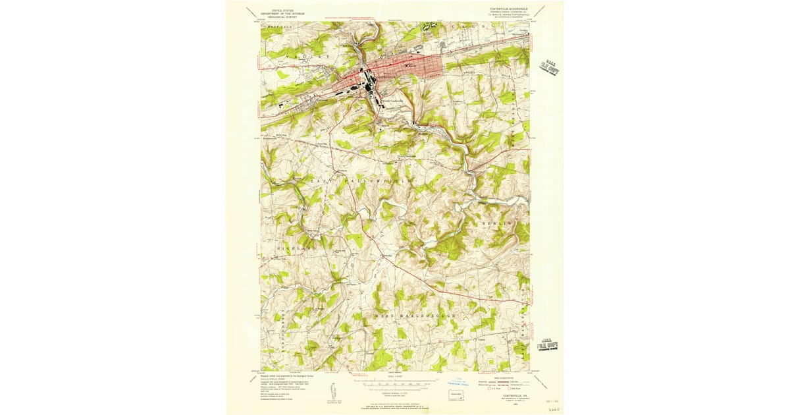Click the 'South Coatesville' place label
[x=396, y=101]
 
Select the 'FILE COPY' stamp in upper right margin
[x=548, y=65]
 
